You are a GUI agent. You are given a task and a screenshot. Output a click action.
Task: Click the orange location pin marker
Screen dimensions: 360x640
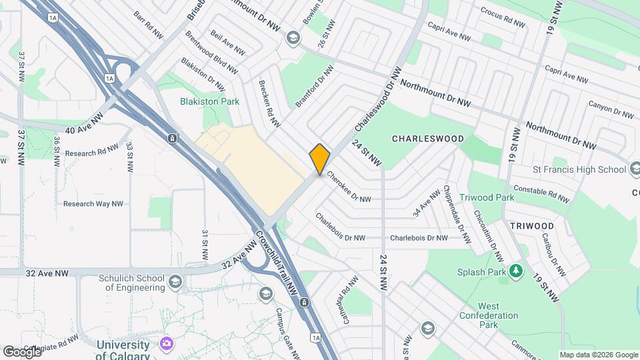[x=320, y=159]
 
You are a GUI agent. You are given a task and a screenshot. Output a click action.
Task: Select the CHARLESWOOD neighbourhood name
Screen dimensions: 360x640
[x=428, y=139]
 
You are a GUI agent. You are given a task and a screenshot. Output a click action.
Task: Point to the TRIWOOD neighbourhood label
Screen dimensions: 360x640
[x=532, y=226]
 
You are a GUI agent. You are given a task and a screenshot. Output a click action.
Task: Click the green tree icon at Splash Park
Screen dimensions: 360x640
[x=515, y=271]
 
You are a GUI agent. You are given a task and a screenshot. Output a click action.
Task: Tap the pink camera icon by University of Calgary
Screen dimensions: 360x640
[x=166, y=344]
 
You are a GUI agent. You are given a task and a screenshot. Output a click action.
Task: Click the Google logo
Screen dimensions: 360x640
[x=21, y=351]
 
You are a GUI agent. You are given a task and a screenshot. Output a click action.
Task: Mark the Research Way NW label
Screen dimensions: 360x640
[x=93, y=204]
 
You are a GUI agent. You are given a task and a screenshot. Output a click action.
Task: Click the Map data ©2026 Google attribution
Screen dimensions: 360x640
[x=599, y=355]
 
